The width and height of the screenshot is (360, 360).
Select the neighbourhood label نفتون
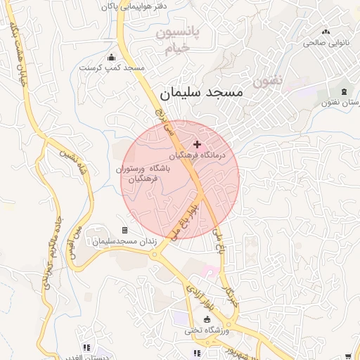pyautogui.click(x=268, y=81)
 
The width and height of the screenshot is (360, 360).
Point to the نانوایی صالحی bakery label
pyautogui.click(x=325, y=42)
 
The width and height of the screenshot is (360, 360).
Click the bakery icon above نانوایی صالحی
pyautogui.click(x=325, y=32)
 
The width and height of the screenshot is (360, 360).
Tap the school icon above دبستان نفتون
pyautogui.click(x=344, y=92)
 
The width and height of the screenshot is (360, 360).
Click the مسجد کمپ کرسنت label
pyautogui.click(x=111, y=68)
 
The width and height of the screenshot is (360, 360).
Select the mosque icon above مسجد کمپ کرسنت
pyautogui.click(x=111, y=58)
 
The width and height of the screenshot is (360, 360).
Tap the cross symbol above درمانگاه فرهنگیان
pyautogui.click(x=196, y=144)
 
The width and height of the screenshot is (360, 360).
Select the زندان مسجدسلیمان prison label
pyautogui.click(x=124, y=241)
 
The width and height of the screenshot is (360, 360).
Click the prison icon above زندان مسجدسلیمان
pyautogui.click(x=124, y=230)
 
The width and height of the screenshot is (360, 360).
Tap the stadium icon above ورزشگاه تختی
pyautogui.click(x=206, y=319)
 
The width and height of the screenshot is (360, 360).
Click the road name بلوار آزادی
pyautogui.click(x=200, y=297)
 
